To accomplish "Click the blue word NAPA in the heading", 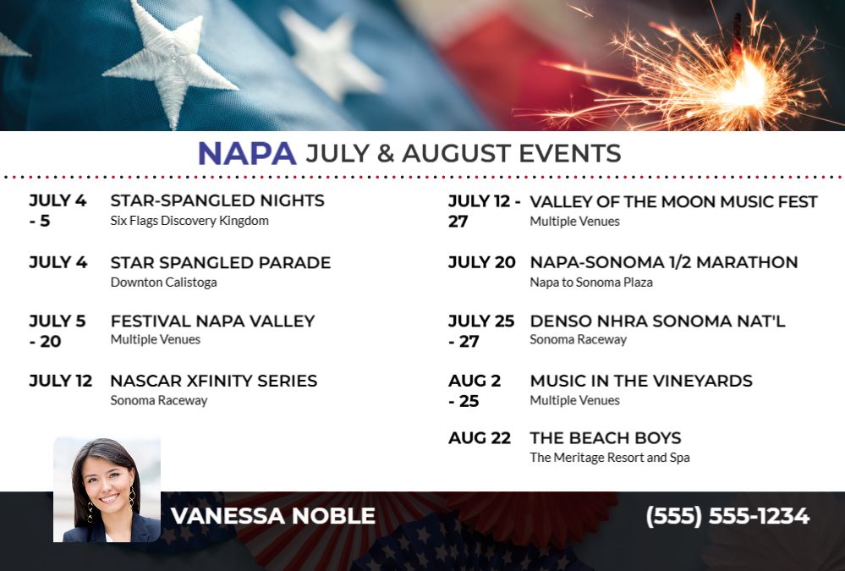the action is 247,153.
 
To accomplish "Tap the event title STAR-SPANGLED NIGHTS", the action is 217,200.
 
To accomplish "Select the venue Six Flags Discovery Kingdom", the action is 189,221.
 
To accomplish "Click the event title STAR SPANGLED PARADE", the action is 221,262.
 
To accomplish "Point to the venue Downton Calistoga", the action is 164,282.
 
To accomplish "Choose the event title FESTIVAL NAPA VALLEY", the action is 212,321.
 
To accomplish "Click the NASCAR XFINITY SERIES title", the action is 213,381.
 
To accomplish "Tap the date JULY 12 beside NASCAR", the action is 60,381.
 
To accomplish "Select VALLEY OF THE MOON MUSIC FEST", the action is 673,201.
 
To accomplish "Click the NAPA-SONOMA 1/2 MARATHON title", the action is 664,262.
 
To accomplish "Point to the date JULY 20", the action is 482,262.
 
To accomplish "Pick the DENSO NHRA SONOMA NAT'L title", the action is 657,321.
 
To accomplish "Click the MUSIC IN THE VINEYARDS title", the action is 641,381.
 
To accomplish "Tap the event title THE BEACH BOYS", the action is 606,438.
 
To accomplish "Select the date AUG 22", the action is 480,438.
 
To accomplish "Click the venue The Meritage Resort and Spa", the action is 610,458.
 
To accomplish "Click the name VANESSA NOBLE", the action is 273,516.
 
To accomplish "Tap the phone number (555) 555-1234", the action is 727,516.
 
